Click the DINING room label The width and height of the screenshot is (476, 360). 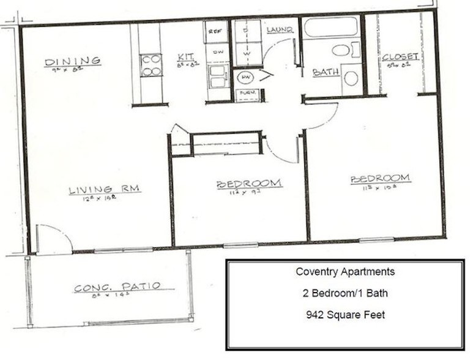[73, 61]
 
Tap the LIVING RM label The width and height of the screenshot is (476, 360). [105, 190]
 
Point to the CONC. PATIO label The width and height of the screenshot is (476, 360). [117, 287]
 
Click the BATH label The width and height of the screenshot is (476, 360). [325, 72]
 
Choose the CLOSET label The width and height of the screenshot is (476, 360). [400, 57]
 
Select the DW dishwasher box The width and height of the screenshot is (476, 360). [217, 53]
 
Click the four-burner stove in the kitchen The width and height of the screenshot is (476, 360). [151, 65]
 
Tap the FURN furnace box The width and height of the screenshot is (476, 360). [247, 95]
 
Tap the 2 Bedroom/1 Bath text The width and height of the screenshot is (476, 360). [345, 293]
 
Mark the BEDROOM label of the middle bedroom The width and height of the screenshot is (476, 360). [249, 183]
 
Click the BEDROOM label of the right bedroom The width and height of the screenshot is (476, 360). [380, 179]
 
